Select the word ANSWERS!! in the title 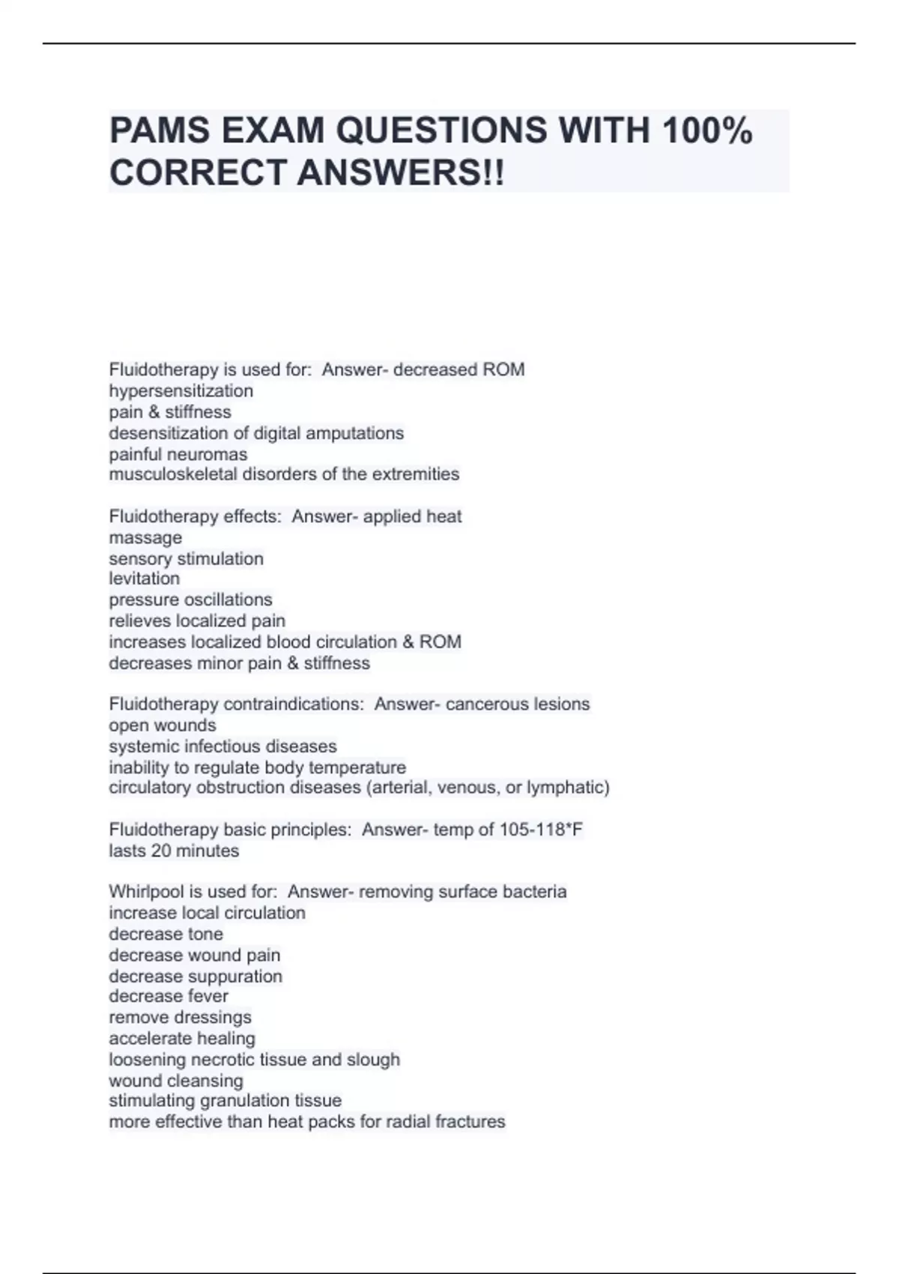[x=401, y=173]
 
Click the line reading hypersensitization [x=181, y=391]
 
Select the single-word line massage [x=145, y=538]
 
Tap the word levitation [x=145, y=579]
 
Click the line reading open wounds [x=163, y=725]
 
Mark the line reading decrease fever [x=169, y=996]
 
